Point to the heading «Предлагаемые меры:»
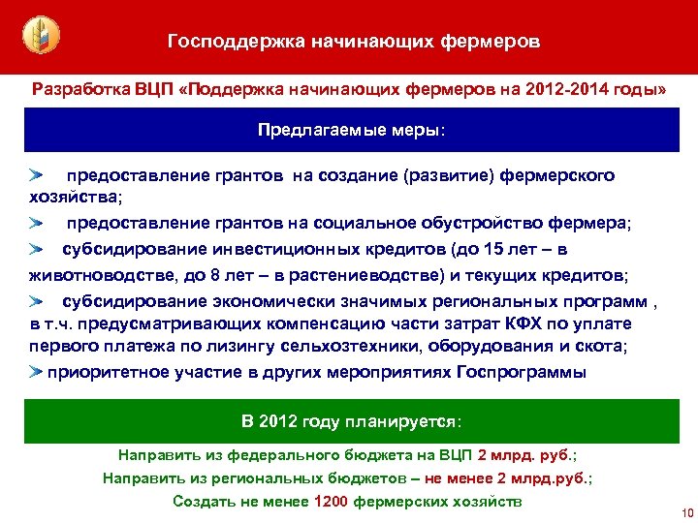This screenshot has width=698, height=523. (348, 129)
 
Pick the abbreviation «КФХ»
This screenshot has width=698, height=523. (519, 323)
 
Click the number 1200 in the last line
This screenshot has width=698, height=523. (332, 501)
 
